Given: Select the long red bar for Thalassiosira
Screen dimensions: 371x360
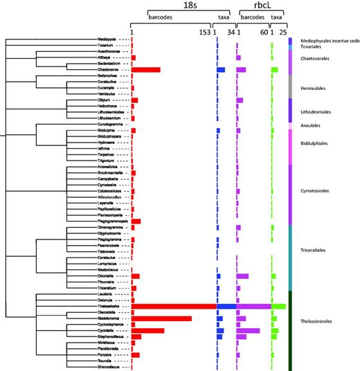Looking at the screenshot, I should click(173, 306).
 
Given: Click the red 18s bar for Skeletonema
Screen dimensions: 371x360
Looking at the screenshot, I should click(161, 318).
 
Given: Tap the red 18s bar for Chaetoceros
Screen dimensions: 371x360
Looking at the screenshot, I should click(145, 70).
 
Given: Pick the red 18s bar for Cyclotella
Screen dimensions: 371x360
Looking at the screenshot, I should click(147, 331).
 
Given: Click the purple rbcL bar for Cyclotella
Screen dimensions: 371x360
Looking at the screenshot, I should click(248, 331).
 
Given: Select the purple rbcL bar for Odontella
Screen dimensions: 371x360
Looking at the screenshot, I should click(242, 275).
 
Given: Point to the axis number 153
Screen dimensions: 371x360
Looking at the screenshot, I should click(204, 33).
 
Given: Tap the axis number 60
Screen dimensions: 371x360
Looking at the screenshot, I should click(264, 33).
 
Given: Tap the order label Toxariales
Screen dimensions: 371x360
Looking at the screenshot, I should click(312, 46).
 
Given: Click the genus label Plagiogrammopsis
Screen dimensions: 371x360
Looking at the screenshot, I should click(106, 220).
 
